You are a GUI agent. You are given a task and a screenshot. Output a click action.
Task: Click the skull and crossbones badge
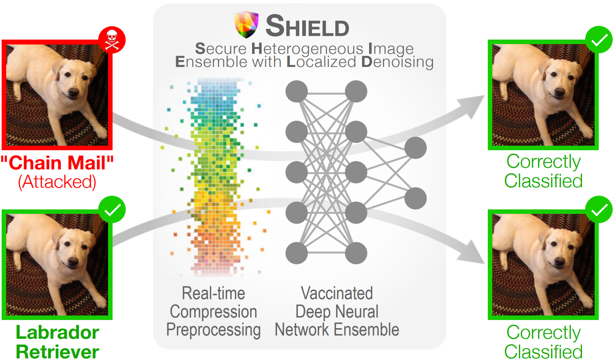click(x=112, y=40)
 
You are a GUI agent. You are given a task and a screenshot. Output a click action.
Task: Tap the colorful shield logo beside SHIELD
click(x=247, y=24)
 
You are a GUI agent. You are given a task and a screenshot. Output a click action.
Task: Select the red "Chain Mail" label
click(x=57, y=163)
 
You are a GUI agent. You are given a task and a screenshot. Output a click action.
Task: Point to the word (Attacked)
click(x=57, y=182)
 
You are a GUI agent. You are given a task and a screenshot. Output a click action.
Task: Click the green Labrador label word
click(x=57, y=333)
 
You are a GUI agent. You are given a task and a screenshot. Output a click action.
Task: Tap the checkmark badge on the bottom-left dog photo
click(x=112, y=210)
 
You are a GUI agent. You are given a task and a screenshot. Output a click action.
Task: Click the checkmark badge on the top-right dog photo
click(x=599, y=40)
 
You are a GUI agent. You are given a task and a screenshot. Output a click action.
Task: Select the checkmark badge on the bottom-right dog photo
click(x=599, y=209)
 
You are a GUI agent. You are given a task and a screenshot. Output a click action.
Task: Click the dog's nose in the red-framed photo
click(x=74, y=93)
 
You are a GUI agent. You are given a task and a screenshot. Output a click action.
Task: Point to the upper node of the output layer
click(x=416, y=148)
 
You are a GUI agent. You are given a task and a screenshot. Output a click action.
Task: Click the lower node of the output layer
click(x=416, y=198)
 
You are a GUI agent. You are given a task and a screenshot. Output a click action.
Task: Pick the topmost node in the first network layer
click(x=297, y=91)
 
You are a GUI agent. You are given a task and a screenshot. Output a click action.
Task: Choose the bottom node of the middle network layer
click(x=356, y=253)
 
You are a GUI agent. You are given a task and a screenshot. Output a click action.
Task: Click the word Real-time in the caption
click(x=213, y=293)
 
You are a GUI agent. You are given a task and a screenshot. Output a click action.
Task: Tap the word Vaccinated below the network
click(x=337, y=293)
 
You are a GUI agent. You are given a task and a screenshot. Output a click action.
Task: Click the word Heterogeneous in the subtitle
click(x=307, y=49)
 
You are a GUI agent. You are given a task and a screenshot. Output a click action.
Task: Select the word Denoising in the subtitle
click(x=397, y=62)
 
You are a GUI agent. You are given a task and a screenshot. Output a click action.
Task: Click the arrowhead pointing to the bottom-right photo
click(x=473, y=253)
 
